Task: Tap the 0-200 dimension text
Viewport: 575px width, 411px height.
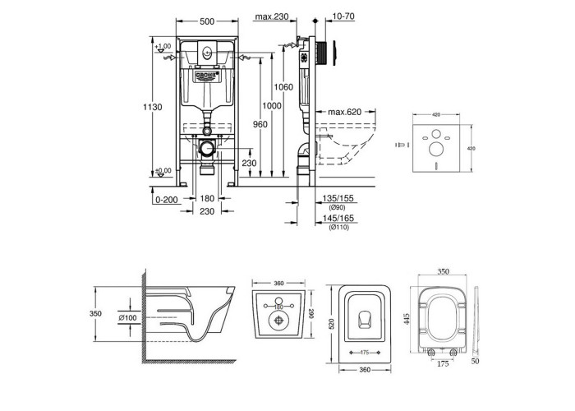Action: [166, 199]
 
